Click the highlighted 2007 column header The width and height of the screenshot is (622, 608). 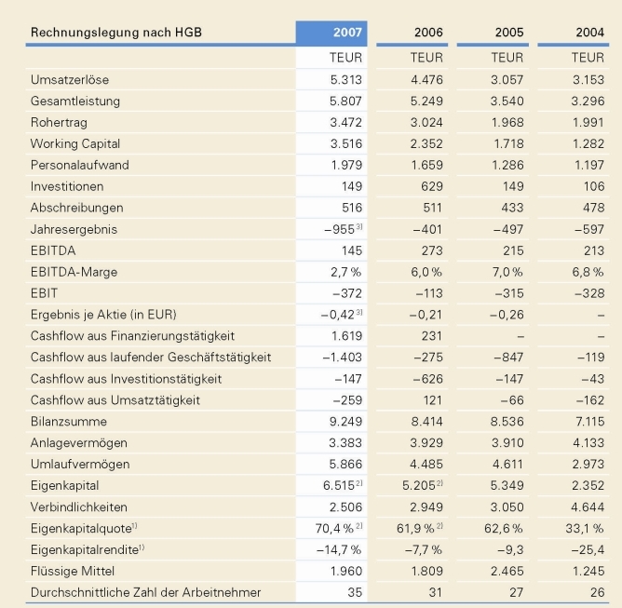tap(331, 34)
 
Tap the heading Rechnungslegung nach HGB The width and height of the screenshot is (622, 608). tap(116, 34)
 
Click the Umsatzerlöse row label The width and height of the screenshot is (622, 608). tap(70, 79)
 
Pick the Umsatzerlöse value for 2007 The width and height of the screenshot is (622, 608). tap(345, 79)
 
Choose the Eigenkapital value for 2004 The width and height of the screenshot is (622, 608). tap(588, 486)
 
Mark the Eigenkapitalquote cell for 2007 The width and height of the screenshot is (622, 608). tap(339, 529)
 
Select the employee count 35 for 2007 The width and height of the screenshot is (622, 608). tap(353, 592)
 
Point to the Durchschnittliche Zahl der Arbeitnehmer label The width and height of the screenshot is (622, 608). tap(146, 592)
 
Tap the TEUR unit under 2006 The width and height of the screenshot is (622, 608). tap(426, 58)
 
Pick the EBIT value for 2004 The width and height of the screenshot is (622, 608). tap(588, 293)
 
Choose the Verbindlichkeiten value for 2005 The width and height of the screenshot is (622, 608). tap(507, 507)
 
